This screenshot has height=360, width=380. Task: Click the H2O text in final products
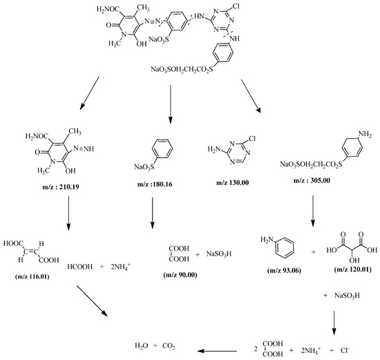point(141,345)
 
